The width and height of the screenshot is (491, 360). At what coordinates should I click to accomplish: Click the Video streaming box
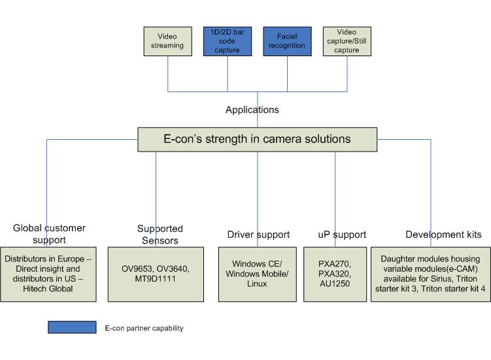tap(168, 41)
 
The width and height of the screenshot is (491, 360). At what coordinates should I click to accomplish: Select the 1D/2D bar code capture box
tap(227, 41)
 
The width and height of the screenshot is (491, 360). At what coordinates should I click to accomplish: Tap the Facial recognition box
tap(286, 41)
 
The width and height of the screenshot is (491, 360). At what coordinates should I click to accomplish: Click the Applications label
tap(252, 110)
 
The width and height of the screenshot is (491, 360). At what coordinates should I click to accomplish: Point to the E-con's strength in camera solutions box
tap(257, 139)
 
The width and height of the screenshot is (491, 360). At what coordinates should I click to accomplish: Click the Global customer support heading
tap(49, 233)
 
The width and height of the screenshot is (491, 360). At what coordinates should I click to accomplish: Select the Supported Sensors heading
tap(160, 235)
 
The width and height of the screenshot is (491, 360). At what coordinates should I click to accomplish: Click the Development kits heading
tap(443, 235)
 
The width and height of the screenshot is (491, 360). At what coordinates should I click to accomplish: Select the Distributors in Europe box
tap(49, 273)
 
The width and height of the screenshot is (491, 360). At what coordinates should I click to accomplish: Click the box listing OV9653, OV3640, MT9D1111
tap(160, 273)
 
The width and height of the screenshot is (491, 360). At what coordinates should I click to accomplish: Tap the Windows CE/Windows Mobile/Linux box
tap(257, 273)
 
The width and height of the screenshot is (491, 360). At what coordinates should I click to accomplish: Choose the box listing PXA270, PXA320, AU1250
tap(334, 273)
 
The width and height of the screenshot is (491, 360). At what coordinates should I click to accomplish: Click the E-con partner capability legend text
tap(144, 328)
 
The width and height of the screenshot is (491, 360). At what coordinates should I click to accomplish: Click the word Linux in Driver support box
tap(257, 284)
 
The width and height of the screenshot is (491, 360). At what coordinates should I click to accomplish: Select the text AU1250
tap(334, 284)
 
